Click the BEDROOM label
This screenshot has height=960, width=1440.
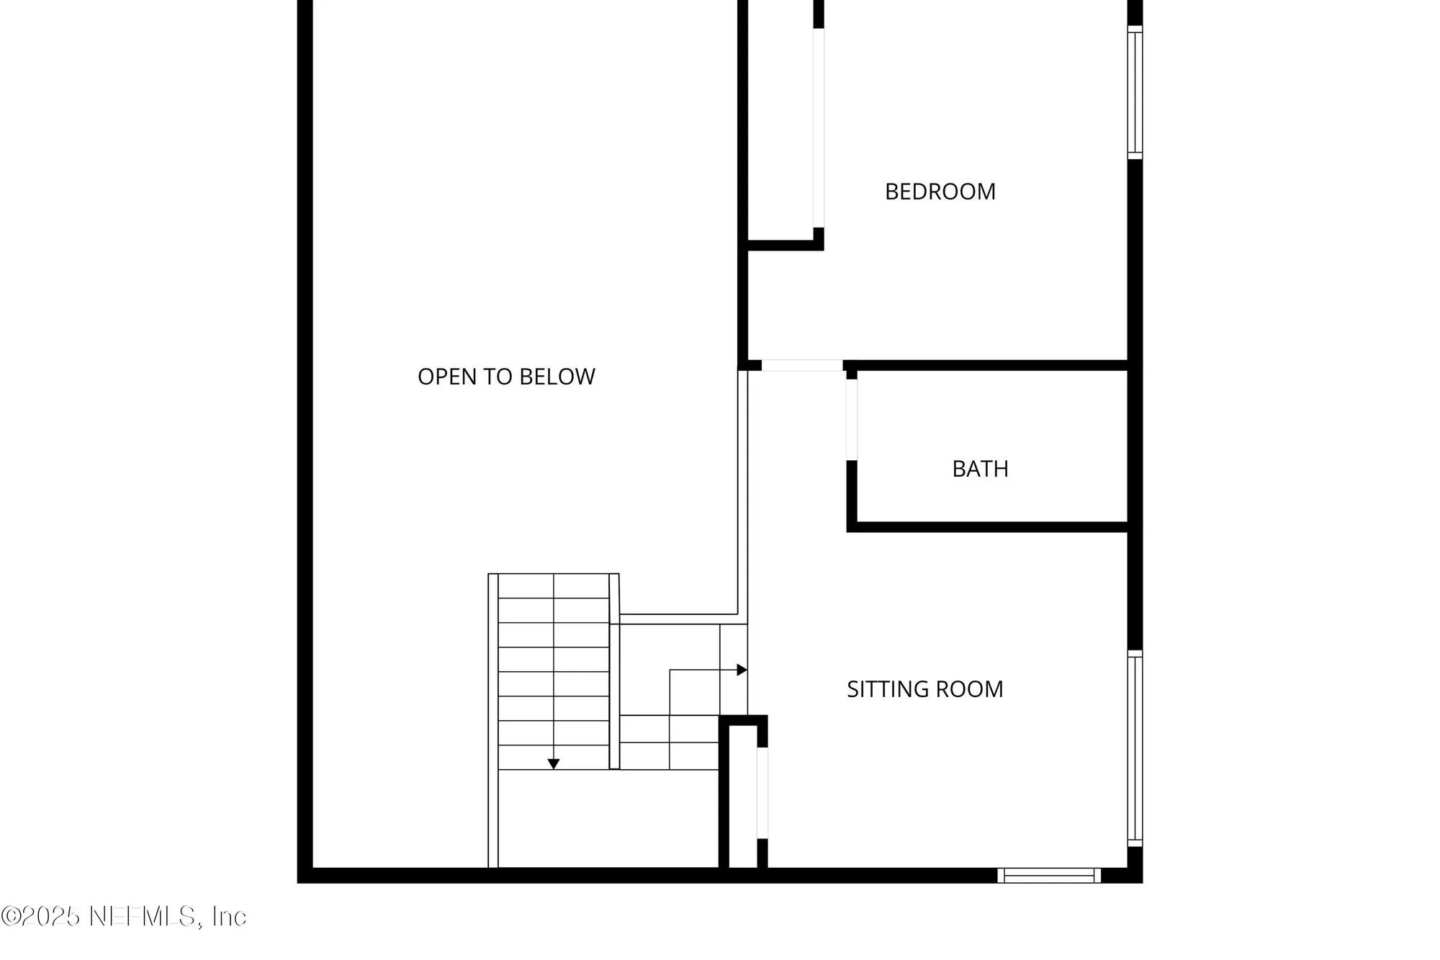pos(940,192)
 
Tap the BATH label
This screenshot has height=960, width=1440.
pos(980,469)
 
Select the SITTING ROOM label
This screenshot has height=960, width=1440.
pos(924,689)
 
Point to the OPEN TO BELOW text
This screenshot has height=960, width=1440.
pos(506,377)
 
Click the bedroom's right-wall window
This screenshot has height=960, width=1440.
pos(1135,92)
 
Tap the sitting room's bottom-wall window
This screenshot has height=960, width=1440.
pos(1049,875)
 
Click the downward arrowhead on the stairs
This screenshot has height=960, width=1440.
pos(554,764)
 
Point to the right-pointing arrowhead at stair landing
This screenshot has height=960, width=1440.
pos(742,670)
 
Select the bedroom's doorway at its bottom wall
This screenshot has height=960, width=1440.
pos(802,365)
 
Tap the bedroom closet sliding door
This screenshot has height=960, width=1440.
pos(819,128)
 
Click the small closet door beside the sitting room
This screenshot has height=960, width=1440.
pos(762,793)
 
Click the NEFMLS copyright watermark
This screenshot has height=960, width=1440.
pos(124,916)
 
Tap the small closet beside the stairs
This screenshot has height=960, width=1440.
pos(743,796)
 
